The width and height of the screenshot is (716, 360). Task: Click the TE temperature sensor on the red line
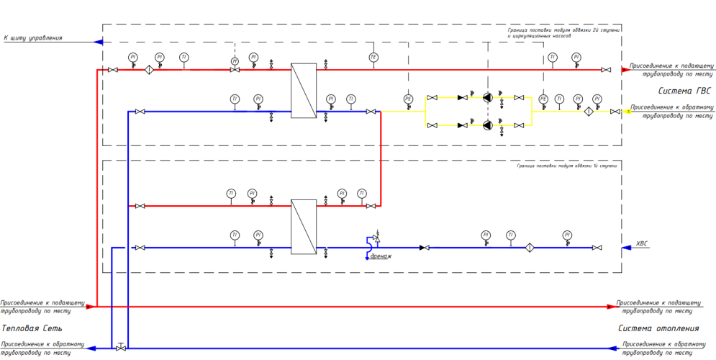[x=373, y=57]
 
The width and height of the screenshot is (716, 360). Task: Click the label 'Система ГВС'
[x=684, y=91]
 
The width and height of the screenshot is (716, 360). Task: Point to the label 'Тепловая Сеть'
[x=27, y=329]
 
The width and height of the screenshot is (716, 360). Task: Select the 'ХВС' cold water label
[x=643, y=243]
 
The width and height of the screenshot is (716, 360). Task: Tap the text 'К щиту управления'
[x=33, y=37]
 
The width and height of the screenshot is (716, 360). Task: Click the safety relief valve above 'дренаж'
[x=375, y=238]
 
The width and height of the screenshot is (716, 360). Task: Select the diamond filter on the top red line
[x=150, y=70]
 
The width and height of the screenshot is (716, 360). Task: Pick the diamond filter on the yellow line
[x=587, y=112]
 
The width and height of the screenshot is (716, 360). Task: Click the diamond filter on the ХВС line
[x=529, y=248]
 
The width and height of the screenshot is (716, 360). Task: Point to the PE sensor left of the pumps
[x=408, y=99]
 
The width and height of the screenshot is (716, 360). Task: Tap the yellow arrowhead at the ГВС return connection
[x=627, y=112]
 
